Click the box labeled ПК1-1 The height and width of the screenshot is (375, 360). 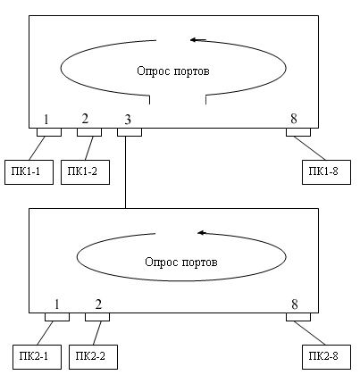click(x=29, y=172)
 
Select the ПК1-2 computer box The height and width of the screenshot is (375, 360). click(x=85, y=172)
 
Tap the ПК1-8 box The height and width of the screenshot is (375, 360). click(x=326, y=172)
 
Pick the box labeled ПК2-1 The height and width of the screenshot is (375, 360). click(x=37, y=357)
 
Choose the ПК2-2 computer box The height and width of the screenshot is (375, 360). click(x=93, y=357)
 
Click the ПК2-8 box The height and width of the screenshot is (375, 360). click(x=326, y=357)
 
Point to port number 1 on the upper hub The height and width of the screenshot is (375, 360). click(x=46, y=120)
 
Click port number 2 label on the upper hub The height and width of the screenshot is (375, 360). click(x=85, y=119)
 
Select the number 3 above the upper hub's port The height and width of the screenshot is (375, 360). click(x=128, y=120)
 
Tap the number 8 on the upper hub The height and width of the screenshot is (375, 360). click(x=294, y=119)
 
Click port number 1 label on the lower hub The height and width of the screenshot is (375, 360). click(x=56, y=304)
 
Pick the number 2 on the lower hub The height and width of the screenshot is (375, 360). click(x=98, y=304)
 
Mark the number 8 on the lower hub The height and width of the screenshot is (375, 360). click(x=295, y=304)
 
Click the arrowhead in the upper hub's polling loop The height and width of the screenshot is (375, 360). click(x=195, y=39)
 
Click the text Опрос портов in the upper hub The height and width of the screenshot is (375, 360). click(x=173, y=71)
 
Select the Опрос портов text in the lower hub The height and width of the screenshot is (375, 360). click(x=181, y=262)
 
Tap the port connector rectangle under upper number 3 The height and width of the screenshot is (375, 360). click(x=130, y=132)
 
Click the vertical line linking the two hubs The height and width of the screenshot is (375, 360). click(x=125, y=172)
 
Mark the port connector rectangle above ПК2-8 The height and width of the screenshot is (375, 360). click(x=298, y=317)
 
